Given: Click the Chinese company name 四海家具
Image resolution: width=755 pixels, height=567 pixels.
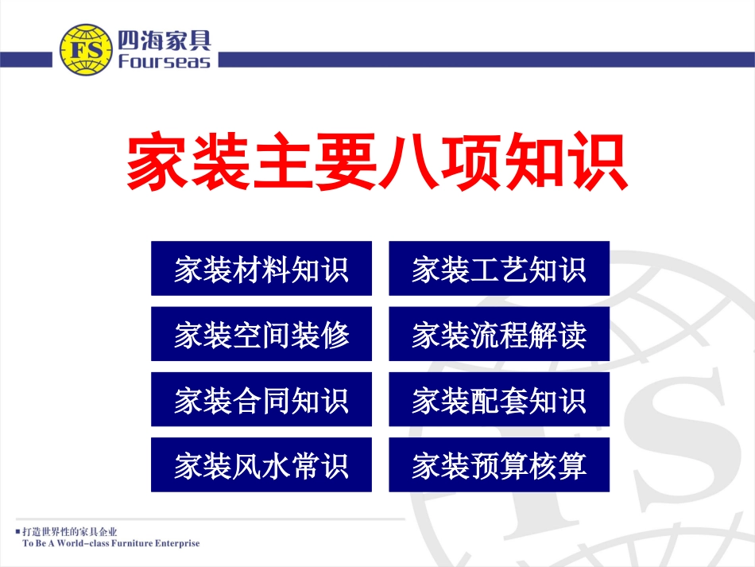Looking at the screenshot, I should [x=164, y=37].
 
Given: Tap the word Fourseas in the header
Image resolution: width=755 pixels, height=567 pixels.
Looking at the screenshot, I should [x=164, y=61].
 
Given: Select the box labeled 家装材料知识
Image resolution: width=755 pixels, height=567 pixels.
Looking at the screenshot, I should [x=261, y=269].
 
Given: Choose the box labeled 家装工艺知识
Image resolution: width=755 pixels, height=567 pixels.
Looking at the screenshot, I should [x=499, y=269].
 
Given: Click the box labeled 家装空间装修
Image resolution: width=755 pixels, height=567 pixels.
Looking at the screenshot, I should [x=261, y=334].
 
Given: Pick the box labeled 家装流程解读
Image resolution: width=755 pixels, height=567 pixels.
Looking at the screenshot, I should [x=499, y=334].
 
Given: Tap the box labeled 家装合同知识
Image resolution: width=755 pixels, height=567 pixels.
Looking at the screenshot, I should [x=261, y=399].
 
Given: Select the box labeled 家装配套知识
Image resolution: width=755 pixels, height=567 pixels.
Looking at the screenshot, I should [x=499, y=399].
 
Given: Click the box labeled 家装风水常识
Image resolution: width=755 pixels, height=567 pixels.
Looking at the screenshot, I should [x=261, y=464].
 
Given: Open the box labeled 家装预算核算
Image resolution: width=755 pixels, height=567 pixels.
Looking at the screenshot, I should [x=499, y=464].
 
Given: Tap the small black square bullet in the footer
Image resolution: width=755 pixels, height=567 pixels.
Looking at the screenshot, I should [x=17, y=530].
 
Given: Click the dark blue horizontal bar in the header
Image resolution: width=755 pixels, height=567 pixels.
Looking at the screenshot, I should [x=477, y=60].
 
